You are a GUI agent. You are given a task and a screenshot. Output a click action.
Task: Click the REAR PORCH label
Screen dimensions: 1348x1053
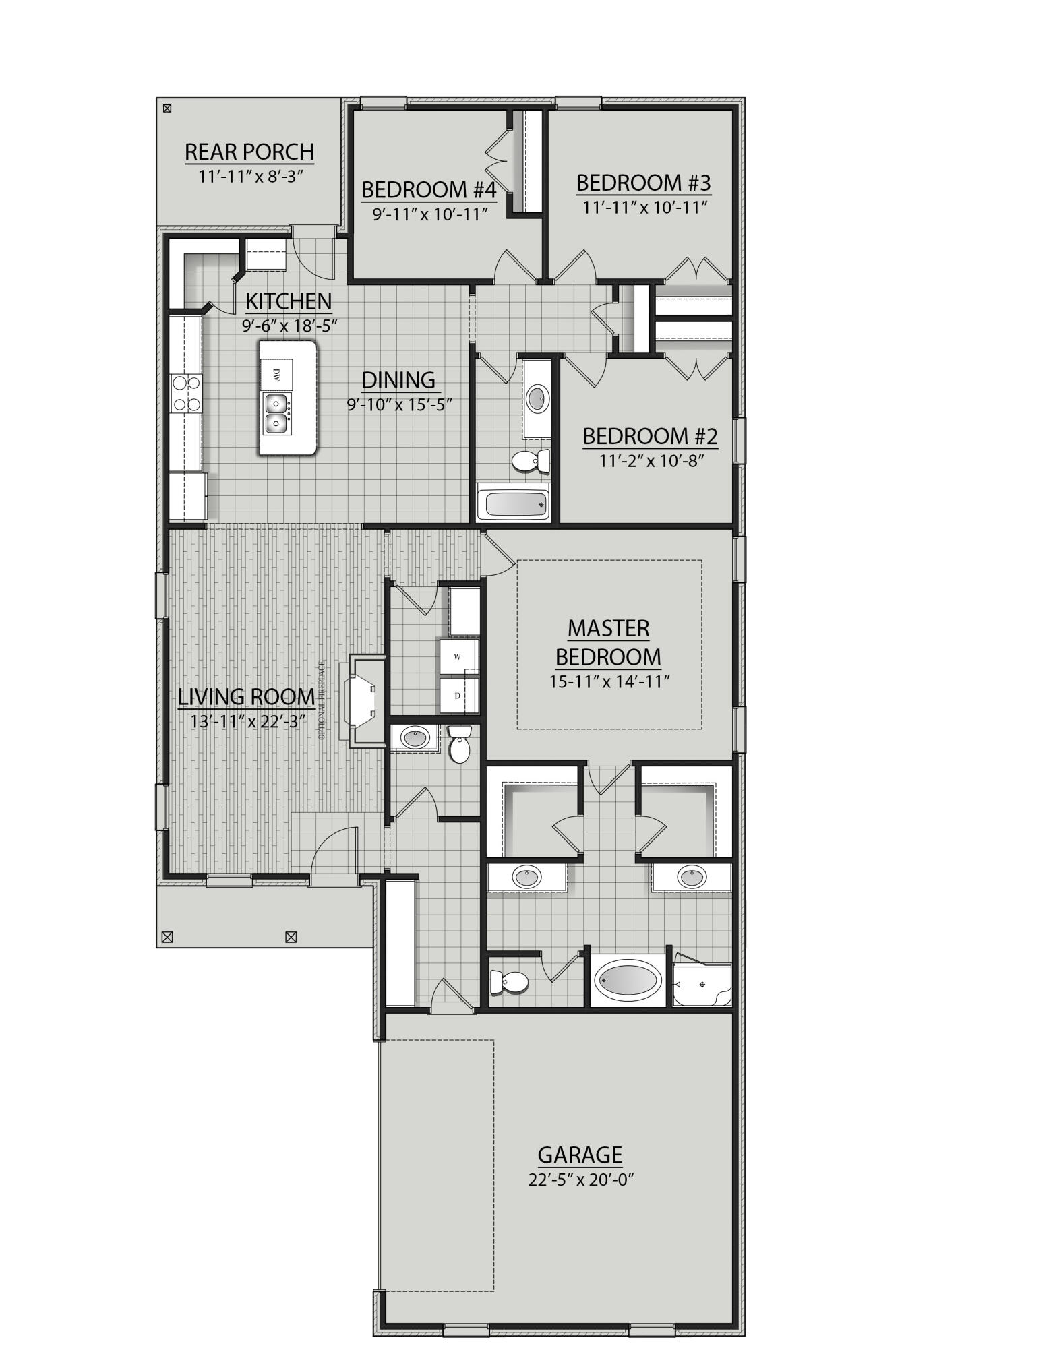(x=249, y=152)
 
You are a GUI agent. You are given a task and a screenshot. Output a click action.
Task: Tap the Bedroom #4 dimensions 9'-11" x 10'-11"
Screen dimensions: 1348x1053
(x=430, y=214)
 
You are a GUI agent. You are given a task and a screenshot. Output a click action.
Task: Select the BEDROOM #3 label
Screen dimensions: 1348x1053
(x=643, y=183)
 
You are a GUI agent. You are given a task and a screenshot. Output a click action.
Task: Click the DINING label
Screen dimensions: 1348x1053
(x=398, y=379)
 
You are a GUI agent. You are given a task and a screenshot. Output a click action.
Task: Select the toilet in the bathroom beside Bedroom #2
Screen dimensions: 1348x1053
(x=529, y=462)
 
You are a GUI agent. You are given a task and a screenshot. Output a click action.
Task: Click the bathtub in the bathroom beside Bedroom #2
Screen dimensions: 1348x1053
(x=514, y=503)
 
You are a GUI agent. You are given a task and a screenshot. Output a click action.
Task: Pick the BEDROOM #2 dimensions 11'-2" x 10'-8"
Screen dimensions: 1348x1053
(x=650, y=461)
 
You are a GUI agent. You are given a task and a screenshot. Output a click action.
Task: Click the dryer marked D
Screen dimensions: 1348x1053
(x=458, y=695)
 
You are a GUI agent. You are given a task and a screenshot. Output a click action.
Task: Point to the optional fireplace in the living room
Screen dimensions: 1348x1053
(x=364, y=700)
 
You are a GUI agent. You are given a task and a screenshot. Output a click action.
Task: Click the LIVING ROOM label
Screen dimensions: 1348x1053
(x=246, y=696)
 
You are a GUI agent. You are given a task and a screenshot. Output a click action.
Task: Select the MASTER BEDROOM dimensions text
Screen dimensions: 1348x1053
(x=609, y=681)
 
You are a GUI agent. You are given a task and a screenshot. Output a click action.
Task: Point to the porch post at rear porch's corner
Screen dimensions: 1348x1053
(x=167, y=108)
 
